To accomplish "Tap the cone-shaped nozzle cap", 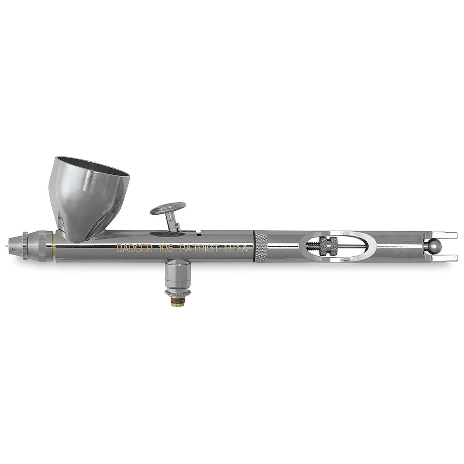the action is [x=15, y=246].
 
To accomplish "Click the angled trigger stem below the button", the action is [x=172, y=223].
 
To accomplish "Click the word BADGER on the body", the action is [x=134, y=249].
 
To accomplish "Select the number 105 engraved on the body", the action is [x=166, y=249].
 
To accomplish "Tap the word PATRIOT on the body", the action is [x=200, y=249].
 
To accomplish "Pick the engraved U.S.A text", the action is [x=236, y=249].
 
